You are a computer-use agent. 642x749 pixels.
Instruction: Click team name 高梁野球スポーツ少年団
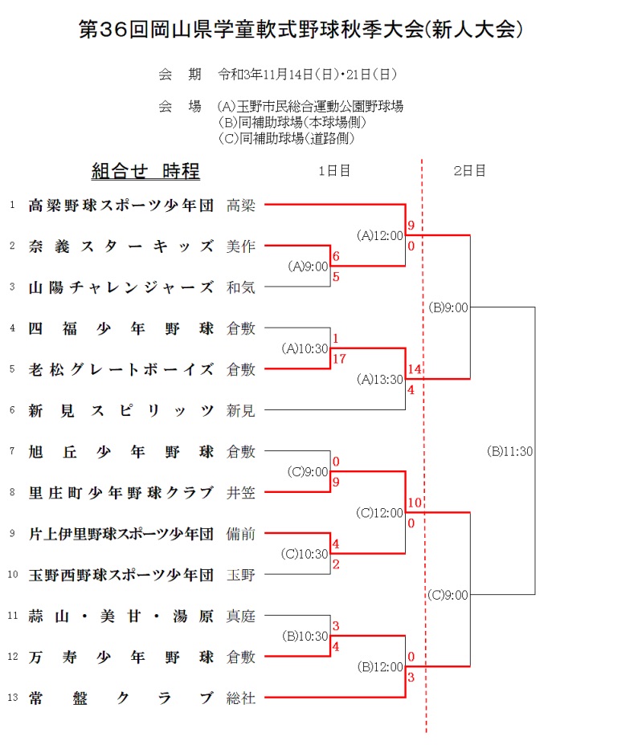pos(121,205)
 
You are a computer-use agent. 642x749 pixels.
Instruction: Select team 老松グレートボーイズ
pos(121,369)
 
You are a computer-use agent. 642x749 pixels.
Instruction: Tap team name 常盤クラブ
pos(121,698)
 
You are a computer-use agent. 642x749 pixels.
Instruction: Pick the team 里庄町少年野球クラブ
pos(121,492)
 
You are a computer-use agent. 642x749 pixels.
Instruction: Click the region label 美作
pos(241,246)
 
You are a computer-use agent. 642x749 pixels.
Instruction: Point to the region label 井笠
pos(241,492)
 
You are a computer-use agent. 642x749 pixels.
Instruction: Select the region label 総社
pos(241,698)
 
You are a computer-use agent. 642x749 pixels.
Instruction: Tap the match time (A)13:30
pos(379,380)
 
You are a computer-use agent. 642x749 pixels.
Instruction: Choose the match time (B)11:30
pos(510,451)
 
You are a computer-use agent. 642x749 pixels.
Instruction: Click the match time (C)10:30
pos(305,554)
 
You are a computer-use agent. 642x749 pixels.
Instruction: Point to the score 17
pos(339,359)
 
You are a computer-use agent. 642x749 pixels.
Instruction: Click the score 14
pos(415,368)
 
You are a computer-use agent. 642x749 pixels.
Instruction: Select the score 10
pos(415,503)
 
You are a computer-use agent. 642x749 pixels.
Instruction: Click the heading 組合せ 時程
pos(145,171)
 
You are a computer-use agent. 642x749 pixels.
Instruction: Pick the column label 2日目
pos(469,170)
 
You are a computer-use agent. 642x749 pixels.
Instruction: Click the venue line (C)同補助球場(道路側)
pos(287,138)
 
